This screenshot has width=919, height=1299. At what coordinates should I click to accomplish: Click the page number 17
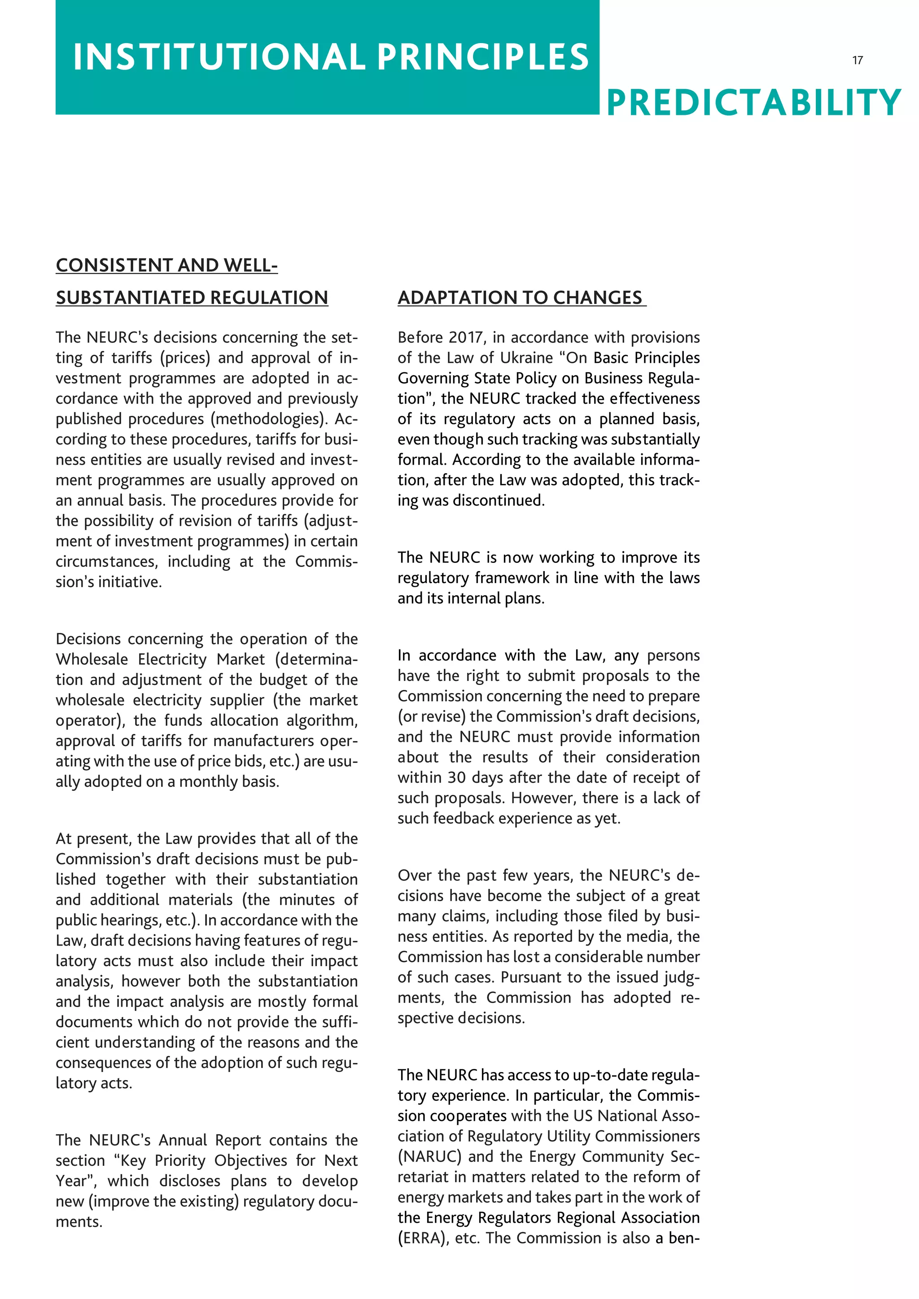858,60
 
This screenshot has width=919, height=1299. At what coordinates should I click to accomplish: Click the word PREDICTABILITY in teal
753,103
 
